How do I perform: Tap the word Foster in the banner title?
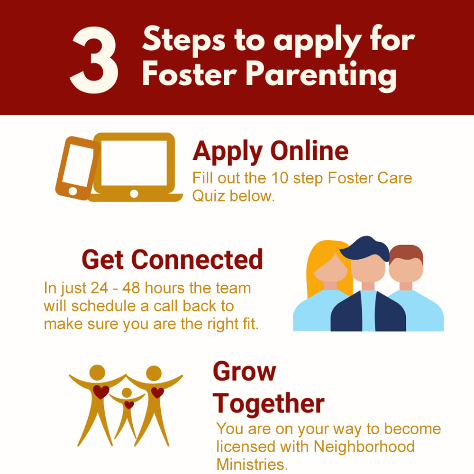[190, 73]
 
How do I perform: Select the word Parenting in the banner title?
[321, 76]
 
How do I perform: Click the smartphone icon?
[77, 168]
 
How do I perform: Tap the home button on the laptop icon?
[134, 193]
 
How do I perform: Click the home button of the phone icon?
[73, 191]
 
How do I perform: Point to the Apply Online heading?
[271, 152]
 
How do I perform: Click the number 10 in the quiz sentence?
[280, 178]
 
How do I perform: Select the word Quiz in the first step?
[209, 196]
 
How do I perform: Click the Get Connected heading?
[173, 259]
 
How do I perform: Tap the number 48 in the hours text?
[131, 288]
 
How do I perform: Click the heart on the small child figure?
[129, 405]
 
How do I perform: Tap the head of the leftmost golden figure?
[97, 372]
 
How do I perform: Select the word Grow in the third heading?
[244, 372]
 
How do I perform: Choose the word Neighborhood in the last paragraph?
[364, 447]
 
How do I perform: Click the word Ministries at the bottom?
[252, 465]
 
